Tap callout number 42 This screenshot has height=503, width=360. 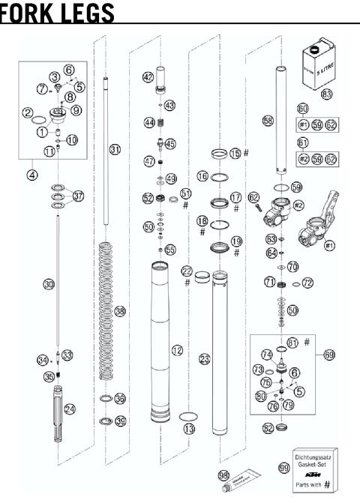(148, 76)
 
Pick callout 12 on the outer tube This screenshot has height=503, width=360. (176, 349)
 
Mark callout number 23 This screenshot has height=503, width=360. (204, 359)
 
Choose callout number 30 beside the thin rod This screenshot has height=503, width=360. (49, 285)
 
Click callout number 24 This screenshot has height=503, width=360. (70, 409)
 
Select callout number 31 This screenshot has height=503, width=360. (114, 150)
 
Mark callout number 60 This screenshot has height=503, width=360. (303, 108)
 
